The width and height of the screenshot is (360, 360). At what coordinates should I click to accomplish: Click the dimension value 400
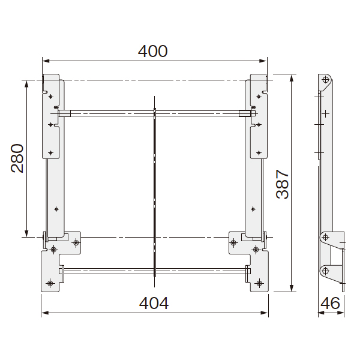pyautogui.click(x=152, y=51)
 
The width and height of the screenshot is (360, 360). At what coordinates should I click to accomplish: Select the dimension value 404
pyautogui.click(x=154, y=303)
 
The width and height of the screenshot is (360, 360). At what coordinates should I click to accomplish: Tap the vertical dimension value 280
pyautogui.click(x=17, y=158)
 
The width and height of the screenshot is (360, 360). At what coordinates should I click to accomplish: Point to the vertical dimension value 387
pyautogui.click(x=282, y=184)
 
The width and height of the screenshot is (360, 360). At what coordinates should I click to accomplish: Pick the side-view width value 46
pyautogui.click(x=330, y=303)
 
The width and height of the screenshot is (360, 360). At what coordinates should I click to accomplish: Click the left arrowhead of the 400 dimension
pyautogui.click(x=46, y=61)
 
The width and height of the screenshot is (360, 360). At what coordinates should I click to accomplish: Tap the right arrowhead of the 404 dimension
pyautogui.click(x=264, y=313)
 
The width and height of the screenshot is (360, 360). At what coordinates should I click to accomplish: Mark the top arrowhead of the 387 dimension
pyautogui.click(x=292, y=78)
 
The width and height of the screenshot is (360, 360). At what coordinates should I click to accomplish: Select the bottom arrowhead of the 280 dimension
pyautogui.click(x=26, y=233)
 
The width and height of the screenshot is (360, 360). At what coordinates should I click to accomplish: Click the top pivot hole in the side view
pyautogui.click(x=325, y=80)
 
